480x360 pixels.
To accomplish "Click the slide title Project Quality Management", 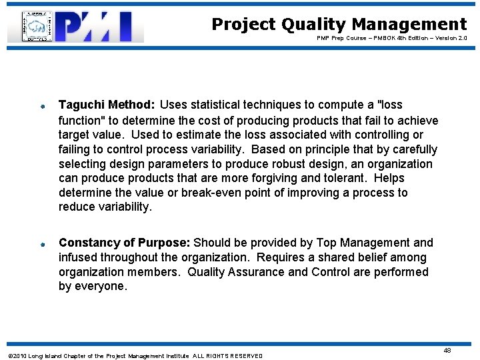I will pyautogui.click(x=339, y=25).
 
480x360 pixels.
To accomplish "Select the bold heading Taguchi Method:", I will pyautogui.click(x=107, y=105).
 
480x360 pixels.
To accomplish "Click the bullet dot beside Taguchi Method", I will pyautogui.click(x=41, y=105).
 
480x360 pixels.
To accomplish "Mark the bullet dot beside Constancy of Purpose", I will pyautogui.click(x=41, y=244).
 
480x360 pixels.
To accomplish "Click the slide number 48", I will pyautogui.click(x=447, y=350).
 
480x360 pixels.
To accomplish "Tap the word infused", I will pyautogui.click(x=78, y=257).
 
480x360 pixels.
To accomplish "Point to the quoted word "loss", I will pyautogui.click(x=390, y=105).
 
